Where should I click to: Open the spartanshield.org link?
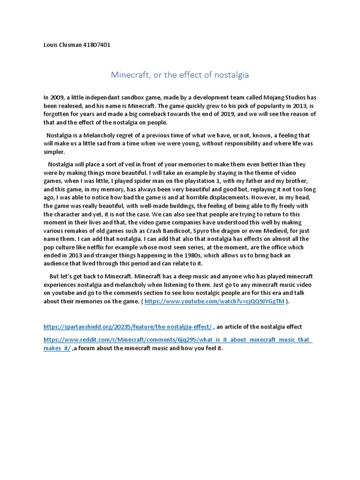point(127,327)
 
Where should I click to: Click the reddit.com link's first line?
point(178,340)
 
